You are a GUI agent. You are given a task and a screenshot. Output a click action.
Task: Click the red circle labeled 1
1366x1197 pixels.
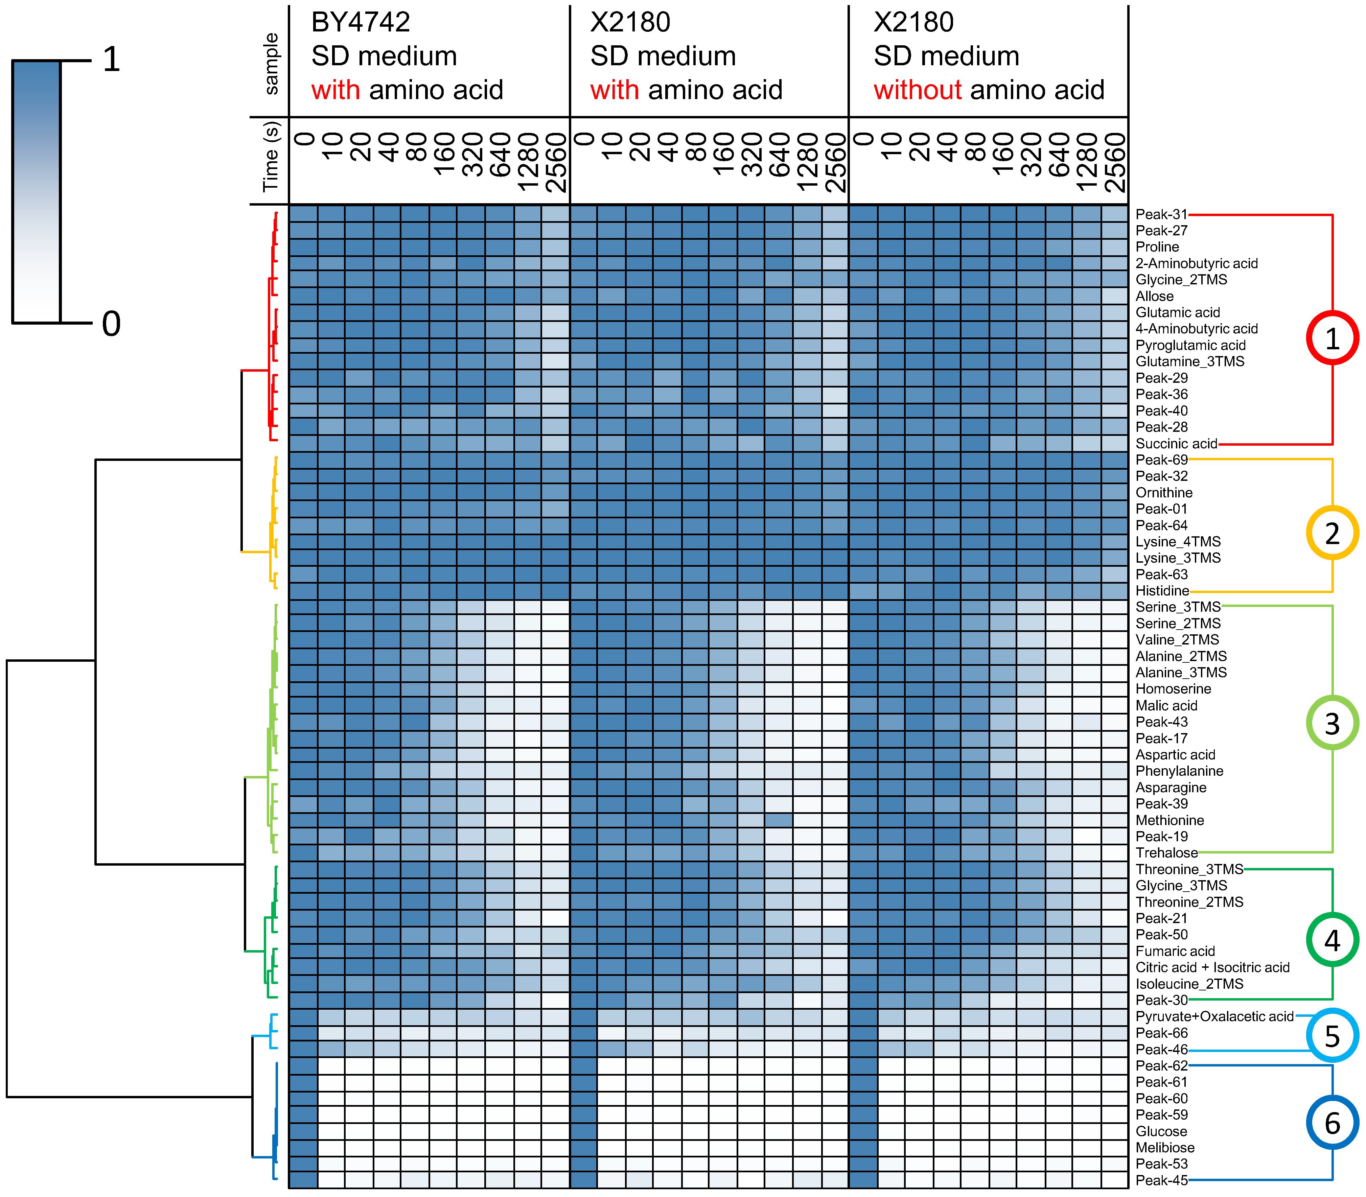pyautogui.click(x=1332, y=338)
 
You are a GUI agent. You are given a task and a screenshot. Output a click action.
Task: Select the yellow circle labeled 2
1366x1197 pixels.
pyautogui.click(x=1332, y=533)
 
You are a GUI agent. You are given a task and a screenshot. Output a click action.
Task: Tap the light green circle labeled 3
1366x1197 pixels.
pyautogui.click(x=1332, y=723)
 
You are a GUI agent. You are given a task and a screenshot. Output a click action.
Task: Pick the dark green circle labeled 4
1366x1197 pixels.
pyautogui.click(x=1332, y=940)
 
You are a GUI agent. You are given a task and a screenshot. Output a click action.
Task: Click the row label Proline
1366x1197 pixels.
pyautogui.click(x=1157, y=247)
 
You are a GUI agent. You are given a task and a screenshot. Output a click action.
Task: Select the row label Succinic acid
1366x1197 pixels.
pyautogui.click(x=1176, y=444)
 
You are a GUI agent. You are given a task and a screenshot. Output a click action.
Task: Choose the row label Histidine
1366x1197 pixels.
pyautogui.click(x=1162, y=590)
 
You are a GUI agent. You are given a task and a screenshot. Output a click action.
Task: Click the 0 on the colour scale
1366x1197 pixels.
pyautogui.click(x=112, y=324)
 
